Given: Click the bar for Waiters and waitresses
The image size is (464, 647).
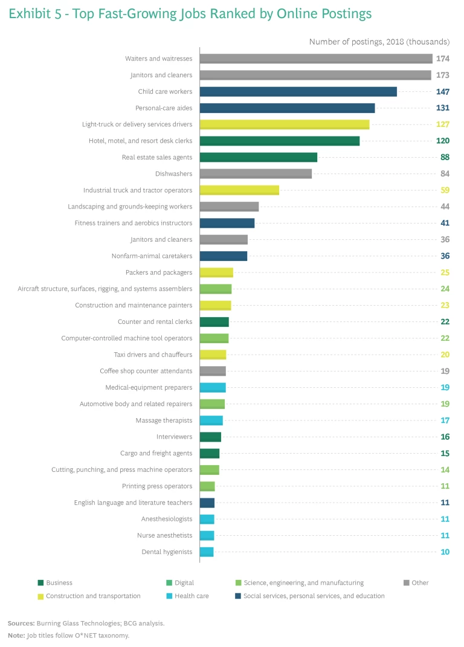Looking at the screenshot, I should click(x=316, y=59).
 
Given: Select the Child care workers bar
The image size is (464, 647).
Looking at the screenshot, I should click(x=298, y=92).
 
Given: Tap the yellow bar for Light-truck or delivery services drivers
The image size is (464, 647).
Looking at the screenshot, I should click(x=284, y=124).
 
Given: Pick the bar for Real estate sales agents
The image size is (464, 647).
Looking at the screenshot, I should click(x=258, y=157).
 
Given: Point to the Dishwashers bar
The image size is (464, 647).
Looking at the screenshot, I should click(x=256, y=174).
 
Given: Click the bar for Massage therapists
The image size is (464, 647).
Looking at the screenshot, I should click(x=211, y=420).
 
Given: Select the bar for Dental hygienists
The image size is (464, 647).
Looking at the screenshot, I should click(x=207, y=552).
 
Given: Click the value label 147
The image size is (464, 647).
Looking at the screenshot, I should click(x=442, y=92).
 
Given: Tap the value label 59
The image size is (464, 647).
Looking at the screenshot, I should click(x=445, y=190).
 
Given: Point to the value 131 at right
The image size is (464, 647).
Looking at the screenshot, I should click(x=442, y=108).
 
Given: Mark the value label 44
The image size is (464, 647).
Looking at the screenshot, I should click(x=445, y=207).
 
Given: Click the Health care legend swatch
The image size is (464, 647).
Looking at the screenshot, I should click(x=169, y=596).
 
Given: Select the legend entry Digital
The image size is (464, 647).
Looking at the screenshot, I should click(x=184, y=583).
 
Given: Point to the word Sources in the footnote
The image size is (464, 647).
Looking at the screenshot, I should click(x=20, y=623).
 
